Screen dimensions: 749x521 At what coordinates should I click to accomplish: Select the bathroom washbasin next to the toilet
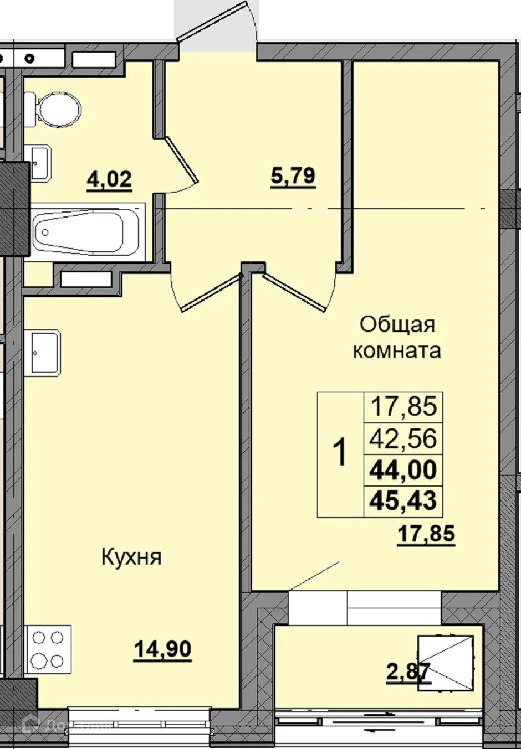[x=40, y=162]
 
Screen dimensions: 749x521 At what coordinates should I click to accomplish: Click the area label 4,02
[x=109, y=179]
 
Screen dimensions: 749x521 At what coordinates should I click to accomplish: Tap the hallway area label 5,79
[x=293, y=176]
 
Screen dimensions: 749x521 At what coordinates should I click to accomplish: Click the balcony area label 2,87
[x=407, y=672]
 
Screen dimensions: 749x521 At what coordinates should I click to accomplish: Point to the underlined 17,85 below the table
[x=426, y=534]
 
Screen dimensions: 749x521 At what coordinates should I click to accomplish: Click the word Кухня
[x=131, y=557]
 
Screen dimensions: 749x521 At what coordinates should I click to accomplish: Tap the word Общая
[x=397, y=324]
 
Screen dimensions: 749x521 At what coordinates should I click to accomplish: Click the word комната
[x=397, y=350]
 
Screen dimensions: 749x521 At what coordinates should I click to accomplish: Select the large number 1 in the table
[x=341, y=453]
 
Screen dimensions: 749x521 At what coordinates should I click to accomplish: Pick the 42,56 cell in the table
[x=403, y=438]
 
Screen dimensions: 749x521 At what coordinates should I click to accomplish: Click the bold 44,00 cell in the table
[x=403, y=470]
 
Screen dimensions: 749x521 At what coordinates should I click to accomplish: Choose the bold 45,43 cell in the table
[x=403, y=501]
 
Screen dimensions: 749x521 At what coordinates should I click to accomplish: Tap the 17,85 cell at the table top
[x=403, y=407]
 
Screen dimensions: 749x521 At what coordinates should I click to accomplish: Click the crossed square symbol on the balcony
[x=446, y=663]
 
